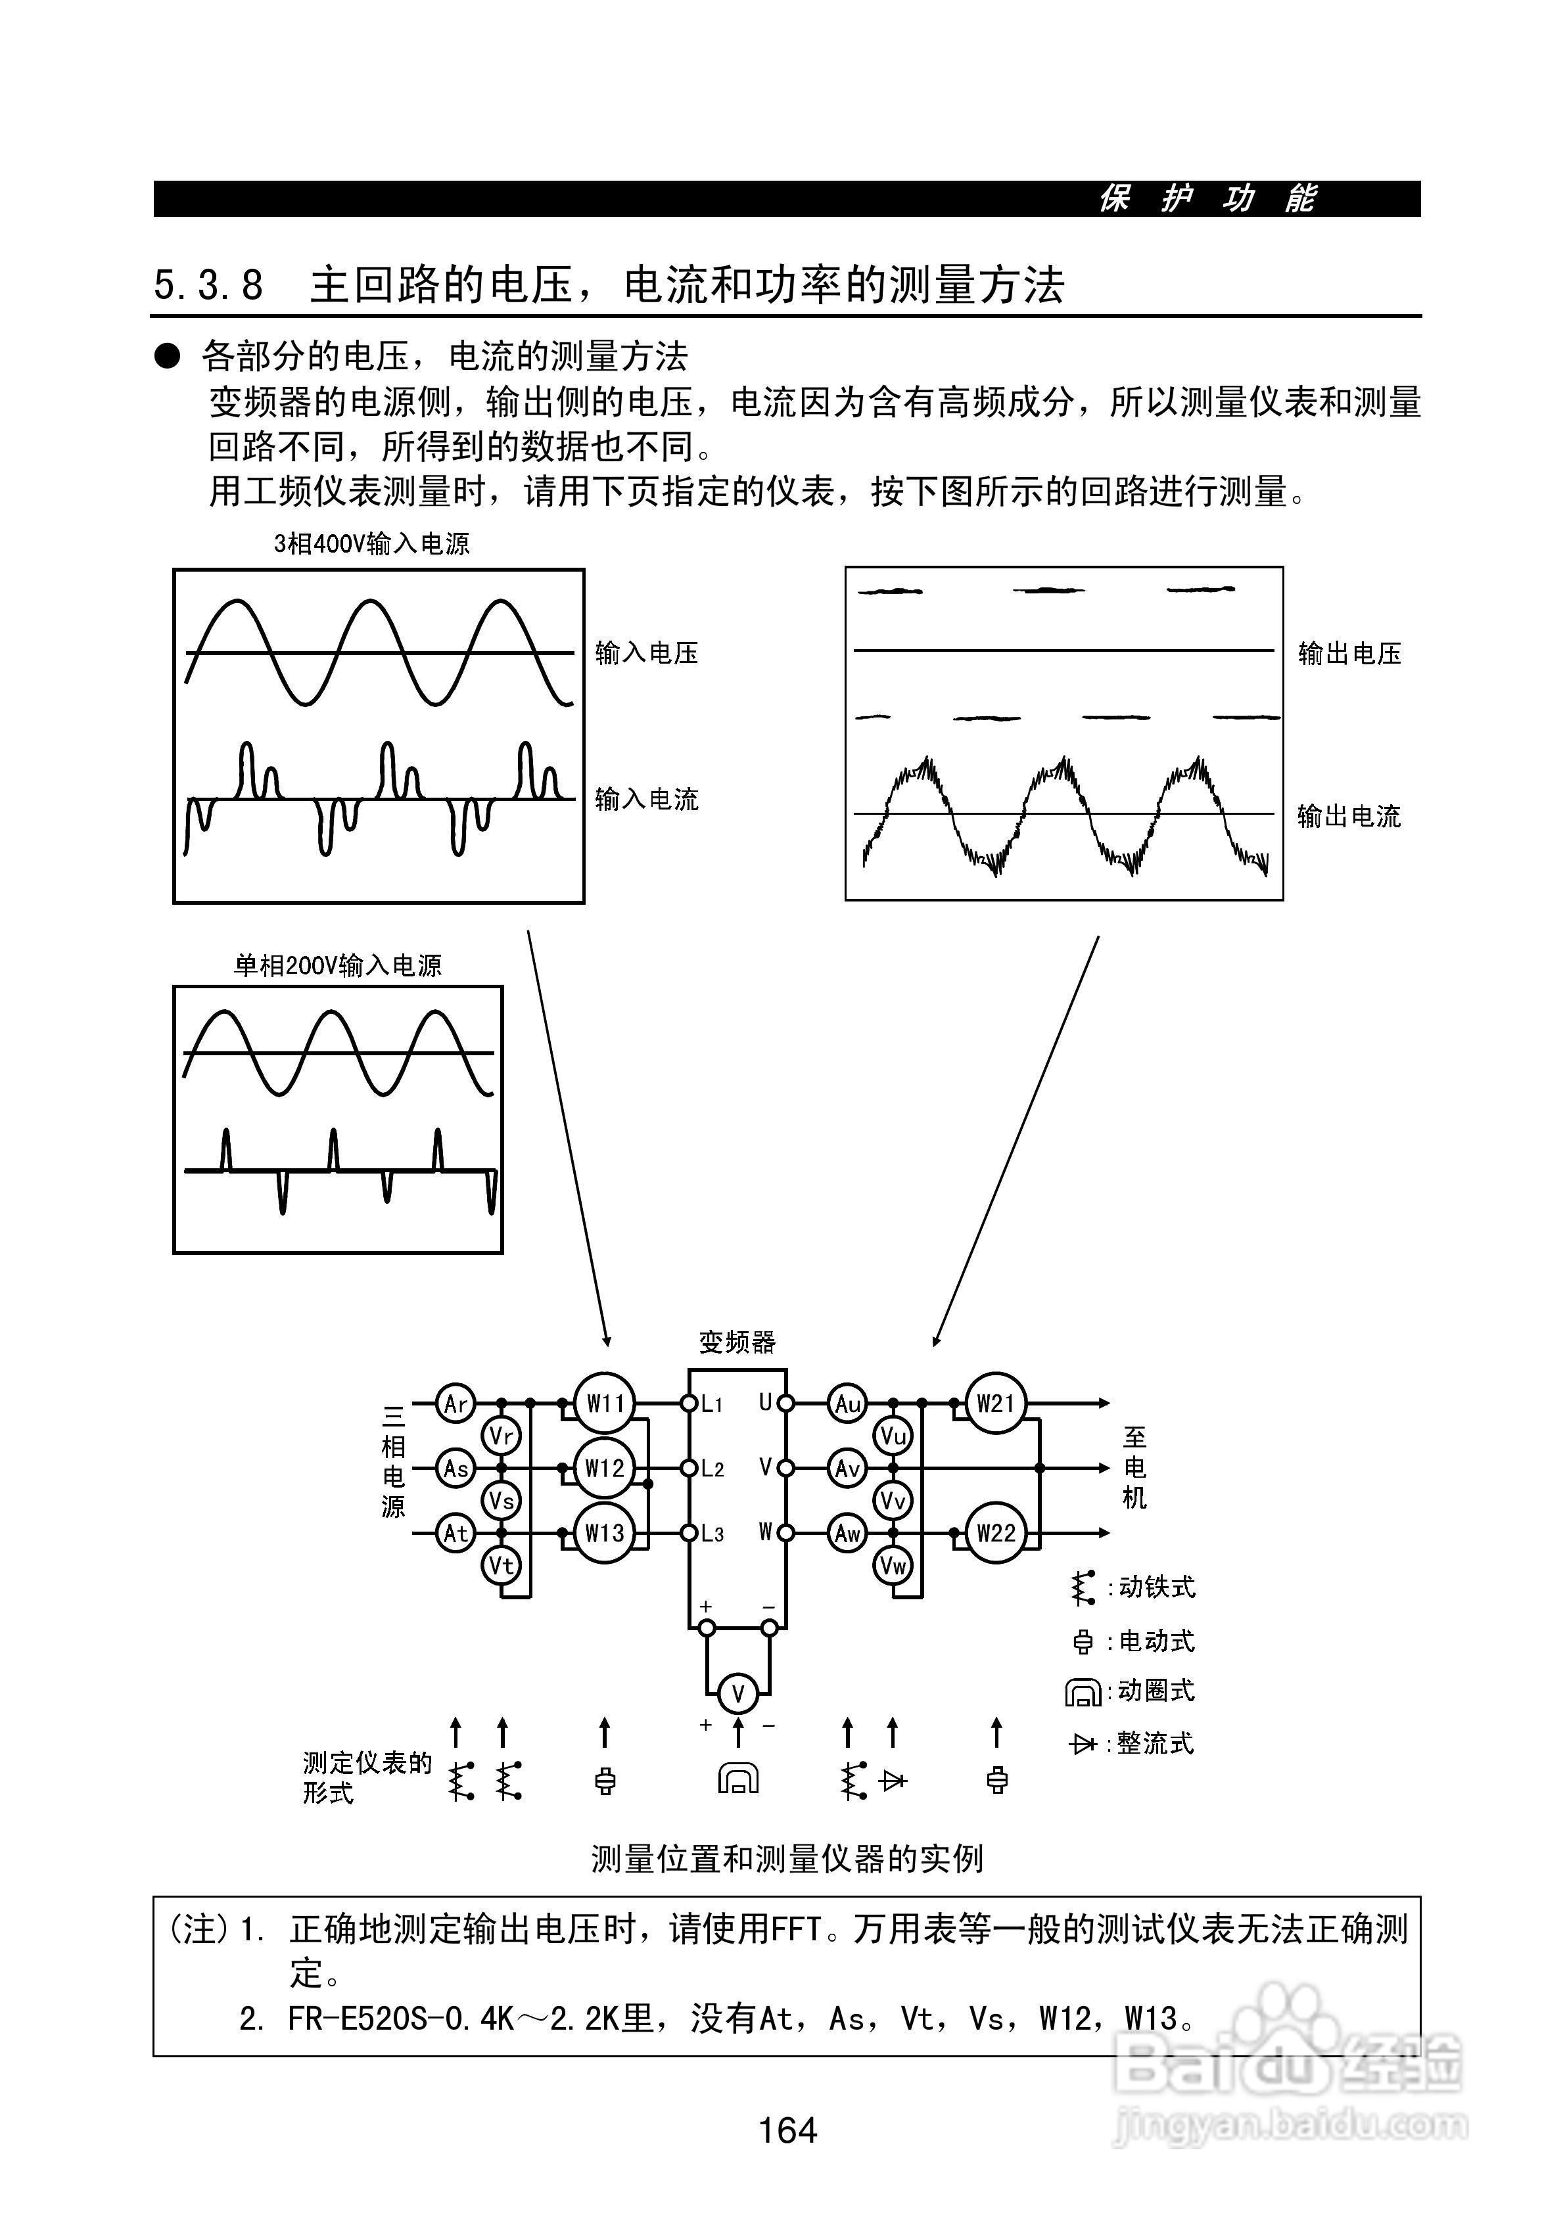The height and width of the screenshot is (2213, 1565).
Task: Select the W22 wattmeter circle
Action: [x=995, y=1532]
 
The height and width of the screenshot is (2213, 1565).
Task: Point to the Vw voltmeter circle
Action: [x=893, y=1565]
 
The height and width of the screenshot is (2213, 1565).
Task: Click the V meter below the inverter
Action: [x=737, y=1693]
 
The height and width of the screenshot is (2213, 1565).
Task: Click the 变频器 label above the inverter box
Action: [x=737, y=1342]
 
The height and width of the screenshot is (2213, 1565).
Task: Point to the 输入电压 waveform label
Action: [x=646, y=654]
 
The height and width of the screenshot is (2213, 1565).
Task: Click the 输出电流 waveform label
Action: [x=1348, y=816]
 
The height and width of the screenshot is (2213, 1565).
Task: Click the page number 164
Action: [x=788, y=2129]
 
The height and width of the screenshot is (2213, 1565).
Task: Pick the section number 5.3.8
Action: [x=208, y=285]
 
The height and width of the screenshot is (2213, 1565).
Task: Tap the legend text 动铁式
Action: [x=1156, y=1587]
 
